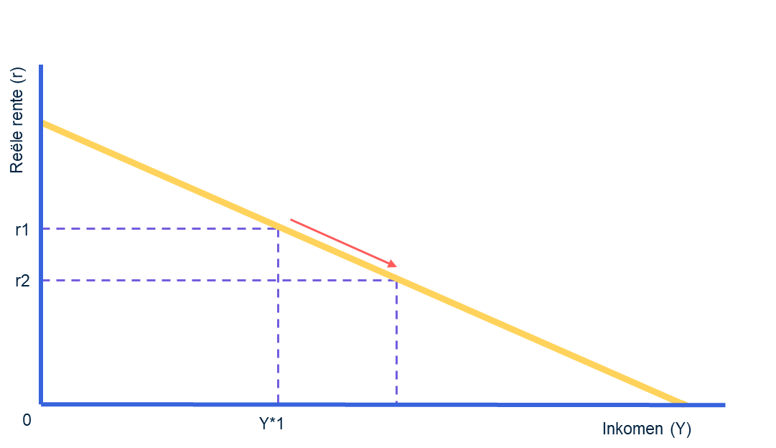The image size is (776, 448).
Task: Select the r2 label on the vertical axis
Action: coord(22,281)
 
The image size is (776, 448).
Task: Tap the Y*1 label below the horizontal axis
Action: coord(271,424)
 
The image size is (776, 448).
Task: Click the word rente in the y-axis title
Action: coord(17,110)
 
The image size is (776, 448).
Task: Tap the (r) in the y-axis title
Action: coord(17,75)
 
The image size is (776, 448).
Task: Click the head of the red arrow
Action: coord(395,266)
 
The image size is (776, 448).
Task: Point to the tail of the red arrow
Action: coord(291,219)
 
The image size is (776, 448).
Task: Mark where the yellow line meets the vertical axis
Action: coord(42,123)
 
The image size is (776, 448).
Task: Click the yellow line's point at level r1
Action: coord(279,228)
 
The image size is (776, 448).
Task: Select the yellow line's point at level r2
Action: coord(396,280)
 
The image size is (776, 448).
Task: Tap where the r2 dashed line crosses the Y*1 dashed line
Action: coord(278,280)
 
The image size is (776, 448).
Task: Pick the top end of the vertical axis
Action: coord(42,66)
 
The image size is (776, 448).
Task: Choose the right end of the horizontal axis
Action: coord(724,405)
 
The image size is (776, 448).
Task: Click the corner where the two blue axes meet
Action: coord(42,404)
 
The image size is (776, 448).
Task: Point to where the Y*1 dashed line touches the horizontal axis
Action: coord(278,403)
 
